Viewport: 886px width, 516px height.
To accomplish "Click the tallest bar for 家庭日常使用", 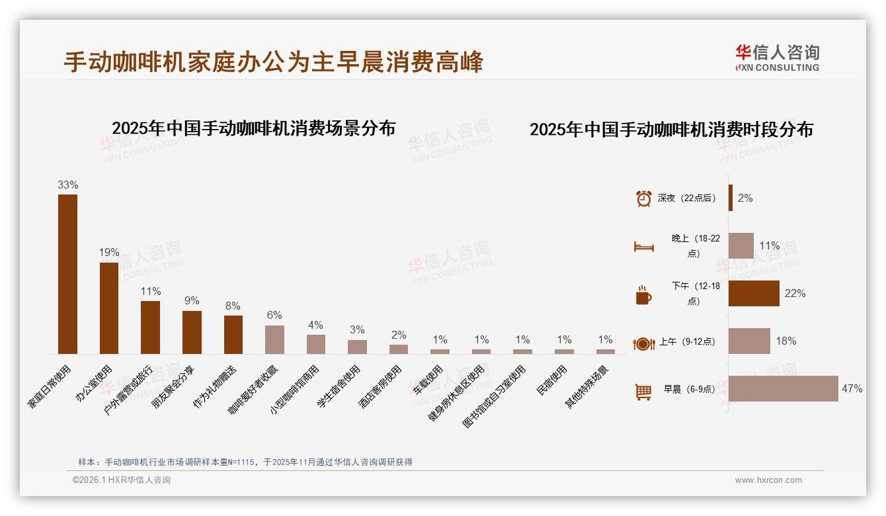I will point(67,274).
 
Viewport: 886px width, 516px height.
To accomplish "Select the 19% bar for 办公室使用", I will point(109,308).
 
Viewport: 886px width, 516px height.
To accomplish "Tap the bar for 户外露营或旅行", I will point(150,327).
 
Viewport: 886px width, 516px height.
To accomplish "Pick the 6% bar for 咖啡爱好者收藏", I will point(274,339).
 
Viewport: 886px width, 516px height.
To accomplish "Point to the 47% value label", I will point(852,389).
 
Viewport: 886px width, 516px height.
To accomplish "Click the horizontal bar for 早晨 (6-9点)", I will point(783,389).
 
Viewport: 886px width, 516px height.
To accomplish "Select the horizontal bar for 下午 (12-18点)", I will point(754,294).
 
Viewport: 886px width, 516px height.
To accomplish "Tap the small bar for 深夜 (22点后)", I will point(731,198).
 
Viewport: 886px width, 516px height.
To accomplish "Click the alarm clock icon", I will point(643,198).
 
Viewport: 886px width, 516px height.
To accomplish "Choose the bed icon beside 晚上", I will point(643,247).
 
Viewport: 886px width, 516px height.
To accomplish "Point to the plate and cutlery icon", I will point(643,343).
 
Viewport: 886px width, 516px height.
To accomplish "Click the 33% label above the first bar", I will point(67,185).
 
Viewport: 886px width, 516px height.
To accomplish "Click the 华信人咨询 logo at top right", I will point(777,58).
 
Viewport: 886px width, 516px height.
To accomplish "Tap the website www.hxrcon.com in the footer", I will point(768,480).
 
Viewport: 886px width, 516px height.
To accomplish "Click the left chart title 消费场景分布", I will point(253,128).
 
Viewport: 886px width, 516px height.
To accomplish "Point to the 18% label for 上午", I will point(785,341).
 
